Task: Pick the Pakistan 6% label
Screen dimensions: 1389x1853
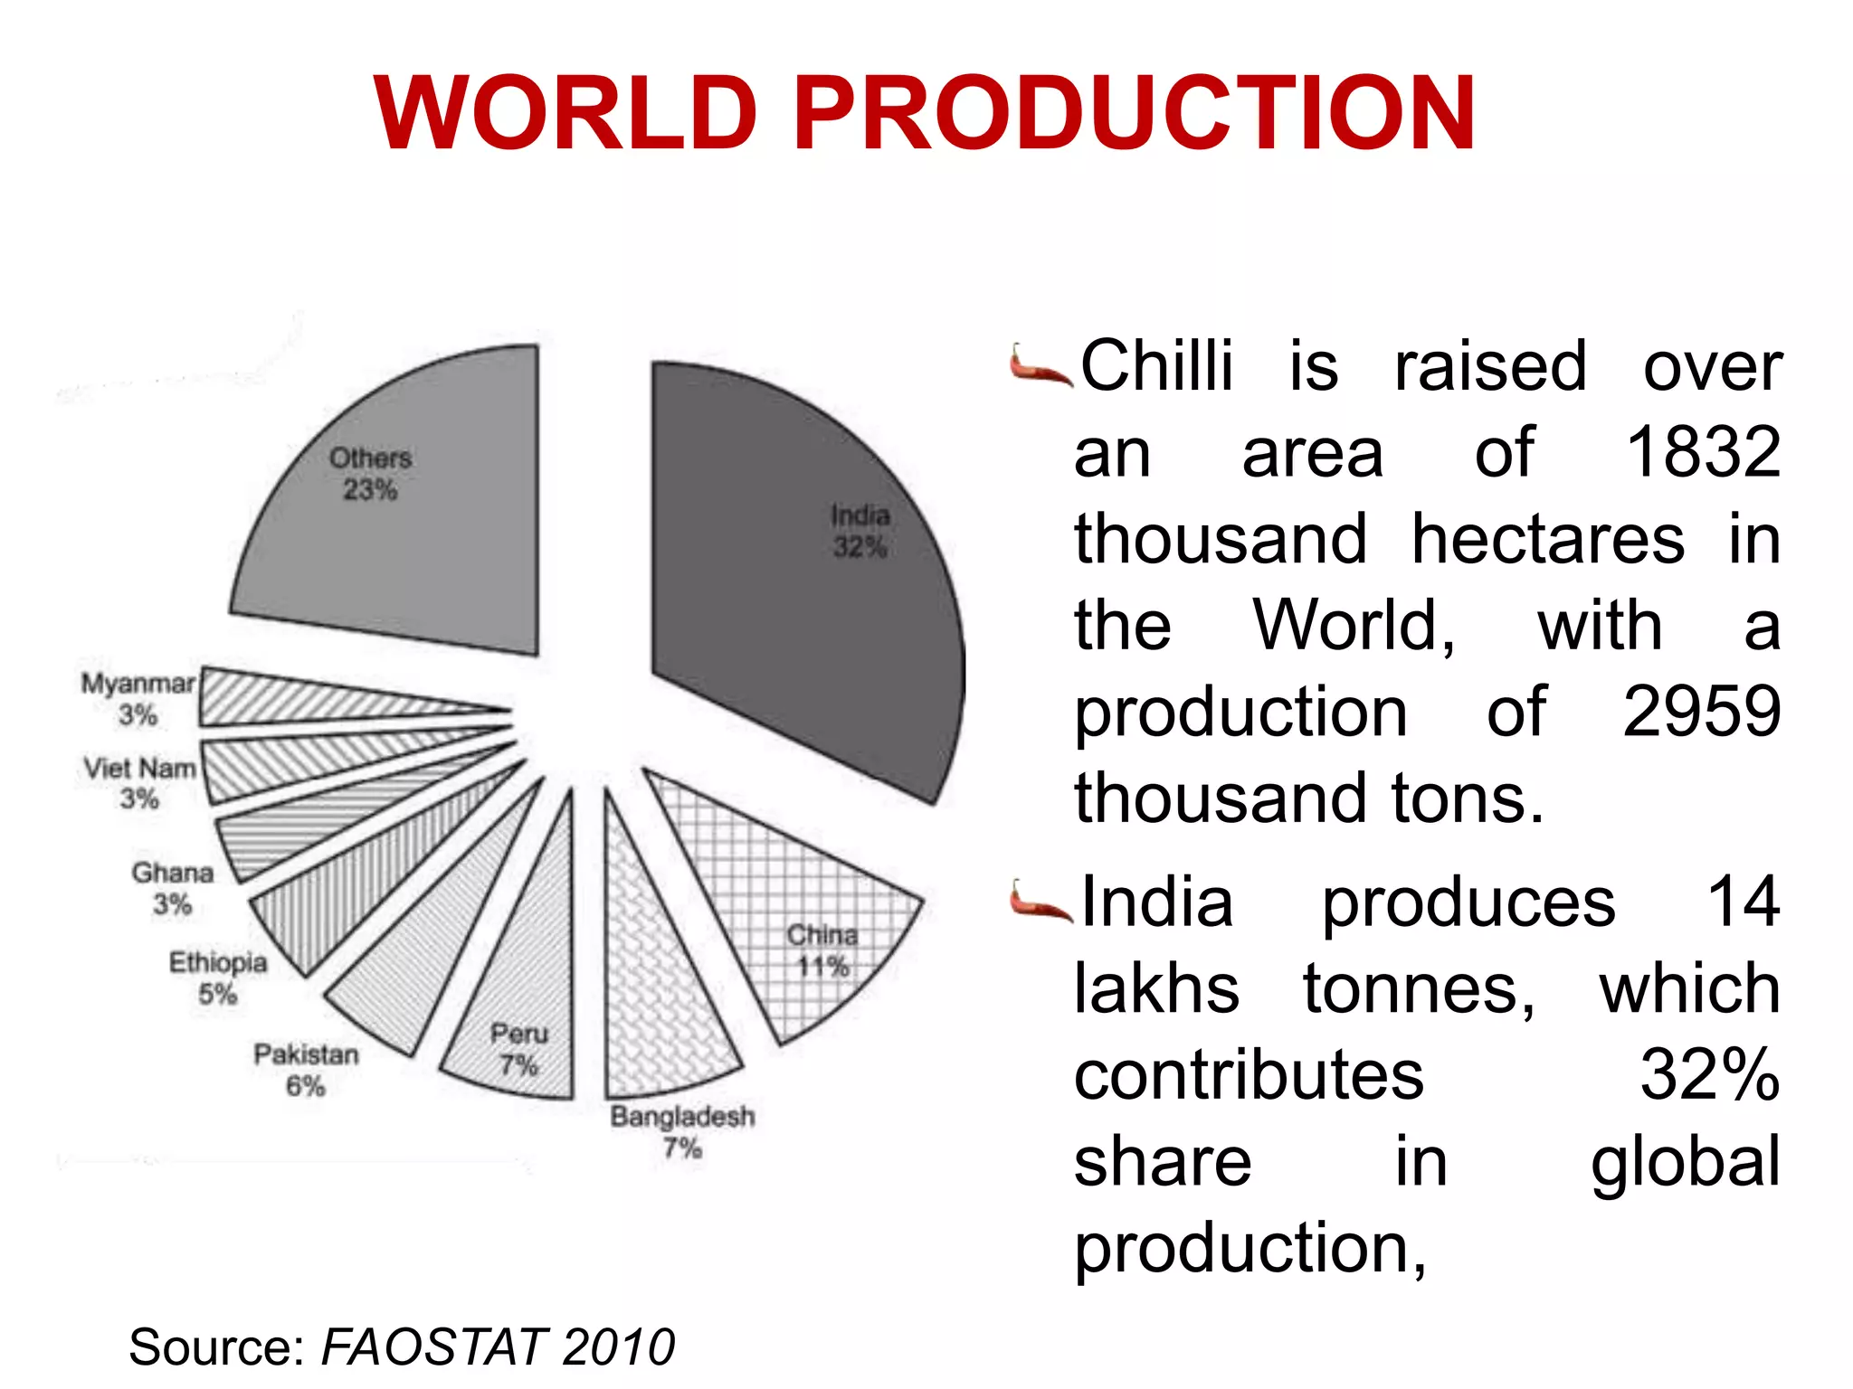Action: coord(306,1070)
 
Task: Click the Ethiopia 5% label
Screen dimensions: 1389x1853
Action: coord(218,978)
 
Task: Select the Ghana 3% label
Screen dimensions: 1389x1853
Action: coord(172,888)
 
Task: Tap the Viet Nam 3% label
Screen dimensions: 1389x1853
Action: coord(140,783)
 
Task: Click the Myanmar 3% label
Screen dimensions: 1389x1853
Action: coord(138,698)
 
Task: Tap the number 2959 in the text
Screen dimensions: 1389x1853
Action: coord(1701,712)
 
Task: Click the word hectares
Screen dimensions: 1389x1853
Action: coord(1547,539)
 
